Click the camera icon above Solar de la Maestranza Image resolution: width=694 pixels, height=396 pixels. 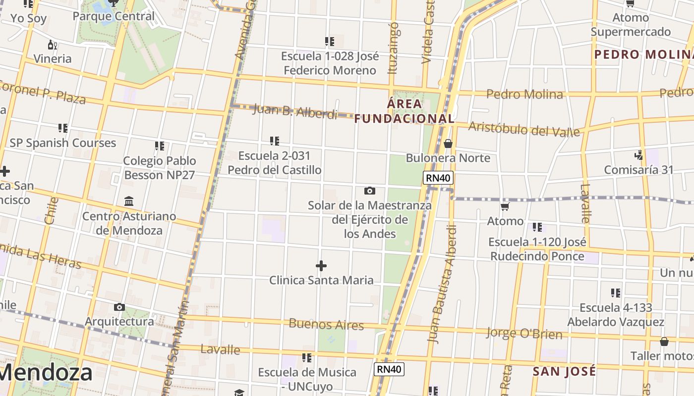point(369,191)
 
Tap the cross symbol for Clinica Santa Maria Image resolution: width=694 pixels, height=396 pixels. point(321,266)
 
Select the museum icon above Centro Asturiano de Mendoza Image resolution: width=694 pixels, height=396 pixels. point(129,201)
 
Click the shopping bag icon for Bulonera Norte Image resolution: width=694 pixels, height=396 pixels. point(448,144)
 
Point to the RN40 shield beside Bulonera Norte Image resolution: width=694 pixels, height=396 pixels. point(438,178)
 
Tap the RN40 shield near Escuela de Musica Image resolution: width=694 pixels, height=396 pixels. point(389,369)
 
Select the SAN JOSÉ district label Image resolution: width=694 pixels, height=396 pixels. point(564,371)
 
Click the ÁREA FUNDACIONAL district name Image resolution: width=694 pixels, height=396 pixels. point(404,111)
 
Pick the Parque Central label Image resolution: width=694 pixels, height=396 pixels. point(114,16)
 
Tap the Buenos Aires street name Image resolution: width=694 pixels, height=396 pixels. point(326,324)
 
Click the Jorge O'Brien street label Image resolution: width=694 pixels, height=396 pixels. point(524,333)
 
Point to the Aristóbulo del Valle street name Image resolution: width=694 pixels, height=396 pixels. point(523,129)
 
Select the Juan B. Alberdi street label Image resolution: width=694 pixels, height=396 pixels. point(295,111)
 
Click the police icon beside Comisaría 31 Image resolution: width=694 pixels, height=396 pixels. point(639,155)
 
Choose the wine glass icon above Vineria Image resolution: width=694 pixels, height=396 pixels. point(53,45)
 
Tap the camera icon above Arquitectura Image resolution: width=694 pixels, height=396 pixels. point(119,307)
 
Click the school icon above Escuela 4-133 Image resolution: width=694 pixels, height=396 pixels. point(616,293)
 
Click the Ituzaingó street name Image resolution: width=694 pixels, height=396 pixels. point(394,48)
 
